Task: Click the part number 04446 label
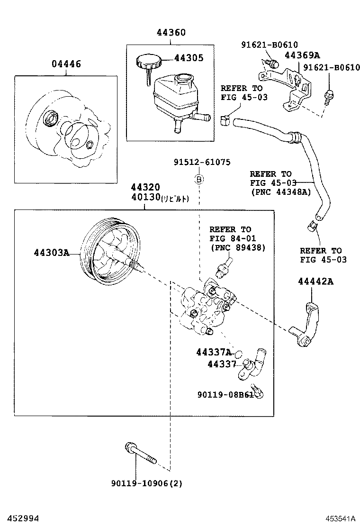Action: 66,64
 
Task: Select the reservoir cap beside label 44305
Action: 148,62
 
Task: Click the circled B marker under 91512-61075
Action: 200,179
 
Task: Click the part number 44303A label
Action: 51,253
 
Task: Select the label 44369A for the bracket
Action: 302,55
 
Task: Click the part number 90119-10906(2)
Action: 147,483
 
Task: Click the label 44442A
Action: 316,282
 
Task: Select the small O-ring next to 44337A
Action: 239,353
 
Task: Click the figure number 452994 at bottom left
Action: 19,519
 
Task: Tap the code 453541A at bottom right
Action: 340,519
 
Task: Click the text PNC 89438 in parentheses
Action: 238,247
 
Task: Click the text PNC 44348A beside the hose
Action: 280,192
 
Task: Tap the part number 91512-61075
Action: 201,162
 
